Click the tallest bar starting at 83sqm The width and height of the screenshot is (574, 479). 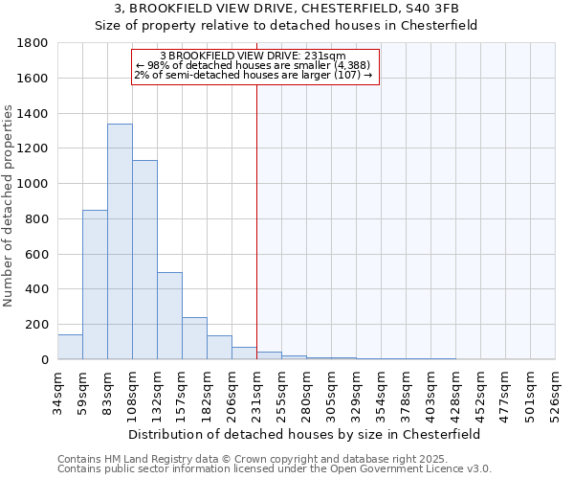coord(120,241)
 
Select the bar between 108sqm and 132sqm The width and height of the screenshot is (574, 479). coord(144,260)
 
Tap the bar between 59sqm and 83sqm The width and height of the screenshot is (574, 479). coord(95,285)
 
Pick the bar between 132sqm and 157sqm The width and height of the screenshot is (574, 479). coord(169,316)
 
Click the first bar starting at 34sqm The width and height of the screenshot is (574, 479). coord(70,347)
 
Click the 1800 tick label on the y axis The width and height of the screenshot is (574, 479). coord(33,43)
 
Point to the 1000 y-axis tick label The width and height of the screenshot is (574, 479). coord(33,184)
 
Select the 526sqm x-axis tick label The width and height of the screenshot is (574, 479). coord(555,392)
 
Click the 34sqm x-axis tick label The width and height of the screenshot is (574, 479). coord(57,390)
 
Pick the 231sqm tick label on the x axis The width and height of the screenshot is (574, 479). coord(256,392)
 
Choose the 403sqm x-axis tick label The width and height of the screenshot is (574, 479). coord(430,392)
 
